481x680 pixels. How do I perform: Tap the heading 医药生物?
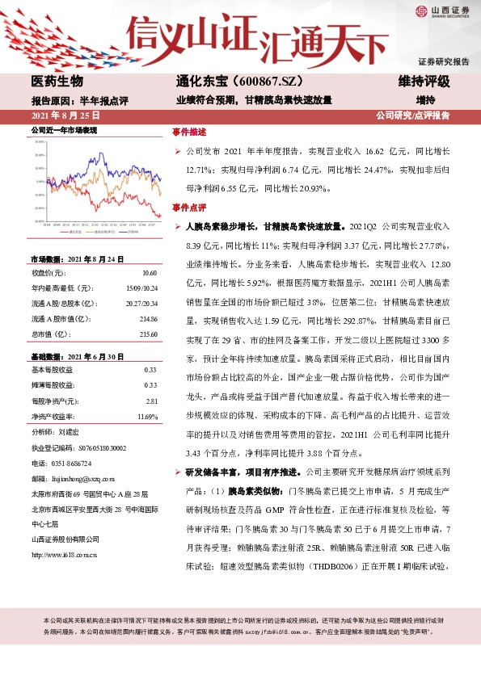click(57, 82)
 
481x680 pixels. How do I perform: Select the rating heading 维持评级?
click(424, 82)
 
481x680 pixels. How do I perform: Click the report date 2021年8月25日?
click(60, 115)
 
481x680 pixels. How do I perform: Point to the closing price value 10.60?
click(149, 273)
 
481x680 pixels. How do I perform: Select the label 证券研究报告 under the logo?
click(444, 61)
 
